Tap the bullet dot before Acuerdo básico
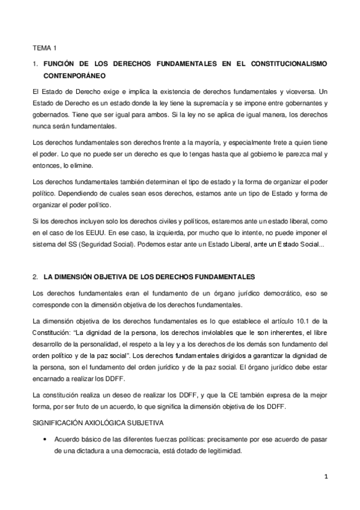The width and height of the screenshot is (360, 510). (x=46, y=440)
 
